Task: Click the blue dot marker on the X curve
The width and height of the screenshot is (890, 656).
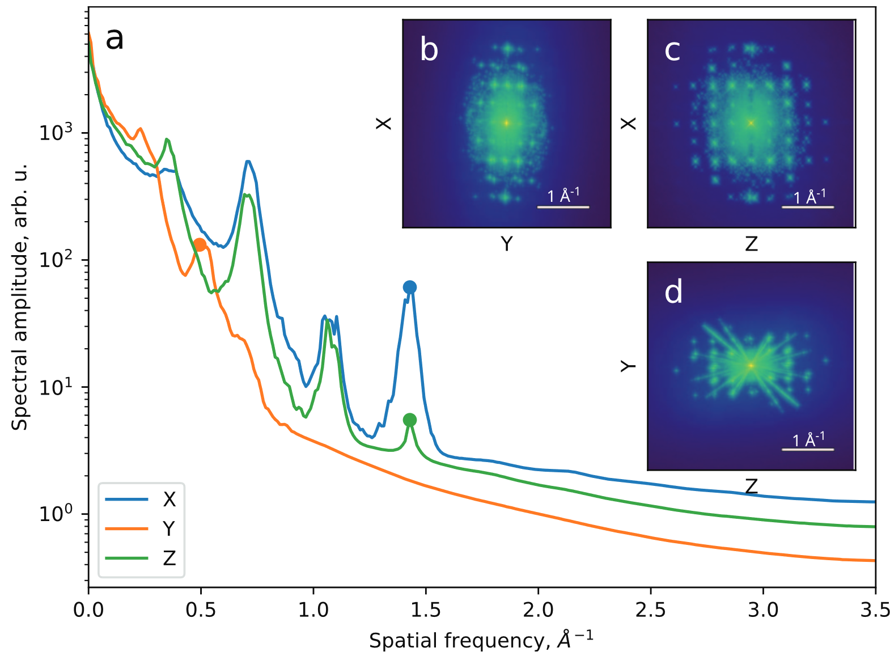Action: click(409, 287)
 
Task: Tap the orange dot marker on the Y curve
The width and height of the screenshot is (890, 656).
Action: click(200, 245)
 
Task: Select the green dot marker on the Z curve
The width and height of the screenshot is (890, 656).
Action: click(409, 420)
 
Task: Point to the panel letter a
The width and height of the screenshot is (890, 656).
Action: click(115, 39)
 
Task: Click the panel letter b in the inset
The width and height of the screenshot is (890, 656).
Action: click(429, 49)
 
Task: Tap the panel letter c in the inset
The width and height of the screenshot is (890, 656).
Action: click(672, 50)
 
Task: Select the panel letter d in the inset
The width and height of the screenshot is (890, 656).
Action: click(673, 292)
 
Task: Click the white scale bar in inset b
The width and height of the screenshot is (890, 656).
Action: click(563, 207)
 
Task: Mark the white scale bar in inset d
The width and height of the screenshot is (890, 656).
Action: click(807, 449)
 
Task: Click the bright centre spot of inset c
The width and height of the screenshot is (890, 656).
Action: click(751, 122)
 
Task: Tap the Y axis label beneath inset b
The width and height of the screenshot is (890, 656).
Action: click(507, 244)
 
